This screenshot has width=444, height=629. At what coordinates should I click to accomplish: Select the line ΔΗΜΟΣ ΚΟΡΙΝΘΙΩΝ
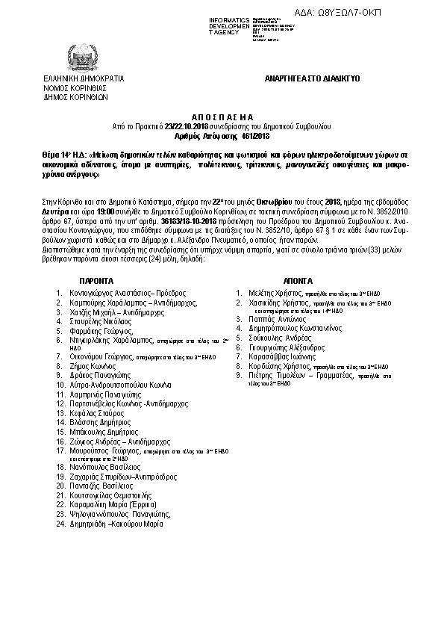point(76,96)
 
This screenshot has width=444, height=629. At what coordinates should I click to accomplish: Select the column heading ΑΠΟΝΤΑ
point(296,275)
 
